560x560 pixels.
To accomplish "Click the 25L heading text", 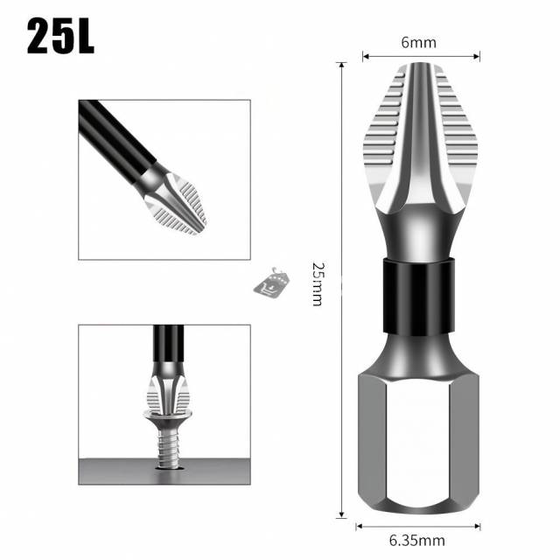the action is pos(60,37).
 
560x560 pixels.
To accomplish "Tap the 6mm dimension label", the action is pos(418,43).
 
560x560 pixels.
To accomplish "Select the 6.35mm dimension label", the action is pos(417,541).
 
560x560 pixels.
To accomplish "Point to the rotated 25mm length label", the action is pos(318,283).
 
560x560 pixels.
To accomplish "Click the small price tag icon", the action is pos(271,282).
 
